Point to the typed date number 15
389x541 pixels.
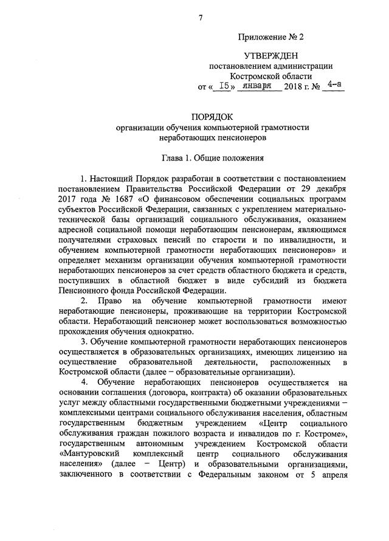tap(226, 86)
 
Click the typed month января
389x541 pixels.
tap(258, 86)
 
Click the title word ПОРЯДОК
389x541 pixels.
tap(212, 115)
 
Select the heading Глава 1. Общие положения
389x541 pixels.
tap(212, 157)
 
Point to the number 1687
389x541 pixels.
tap(122, 199)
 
